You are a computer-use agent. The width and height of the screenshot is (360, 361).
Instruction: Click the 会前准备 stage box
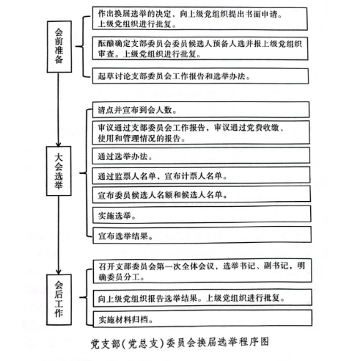(x=59, y=46)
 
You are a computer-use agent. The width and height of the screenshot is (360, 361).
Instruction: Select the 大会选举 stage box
(x=59, y=171)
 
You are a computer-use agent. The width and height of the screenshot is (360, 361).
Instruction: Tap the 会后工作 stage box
(x=59, y=299)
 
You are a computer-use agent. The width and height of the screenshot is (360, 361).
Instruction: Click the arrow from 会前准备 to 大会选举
(x=58, y=109)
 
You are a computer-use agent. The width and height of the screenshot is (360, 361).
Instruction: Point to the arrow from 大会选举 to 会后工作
(x=59, y=235)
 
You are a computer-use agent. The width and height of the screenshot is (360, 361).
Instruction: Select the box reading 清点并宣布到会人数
(x=201, y=110)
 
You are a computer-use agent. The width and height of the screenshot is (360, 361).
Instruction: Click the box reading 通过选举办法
(x=201, y=156)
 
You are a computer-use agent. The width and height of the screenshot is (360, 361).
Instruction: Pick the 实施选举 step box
(x=202, y=214)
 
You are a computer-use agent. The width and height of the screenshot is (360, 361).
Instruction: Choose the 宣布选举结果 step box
(x=202, y=235)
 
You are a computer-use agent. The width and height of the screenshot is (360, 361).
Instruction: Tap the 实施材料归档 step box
(x=202, y=318)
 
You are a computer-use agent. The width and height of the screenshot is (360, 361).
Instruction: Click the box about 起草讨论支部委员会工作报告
(x=200, y=76)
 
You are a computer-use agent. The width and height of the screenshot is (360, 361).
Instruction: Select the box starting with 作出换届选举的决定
(x=199, y=18)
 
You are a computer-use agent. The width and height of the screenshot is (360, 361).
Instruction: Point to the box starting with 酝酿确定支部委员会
(x=200, y=48)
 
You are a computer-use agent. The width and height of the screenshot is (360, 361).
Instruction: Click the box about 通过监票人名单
(x=201, y=175)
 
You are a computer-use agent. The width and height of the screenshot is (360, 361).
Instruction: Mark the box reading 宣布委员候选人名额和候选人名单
(x=202, y=194)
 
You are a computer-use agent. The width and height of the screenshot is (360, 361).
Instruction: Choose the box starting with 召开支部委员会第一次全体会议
(x=202, y=271)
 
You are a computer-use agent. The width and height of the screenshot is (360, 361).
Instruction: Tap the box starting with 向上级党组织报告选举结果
(x=202, y=298)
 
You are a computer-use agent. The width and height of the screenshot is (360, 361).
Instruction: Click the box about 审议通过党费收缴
(x=201, y=133)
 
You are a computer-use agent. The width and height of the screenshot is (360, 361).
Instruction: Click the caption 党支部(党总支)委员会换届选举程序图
(x=180, y=343)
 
